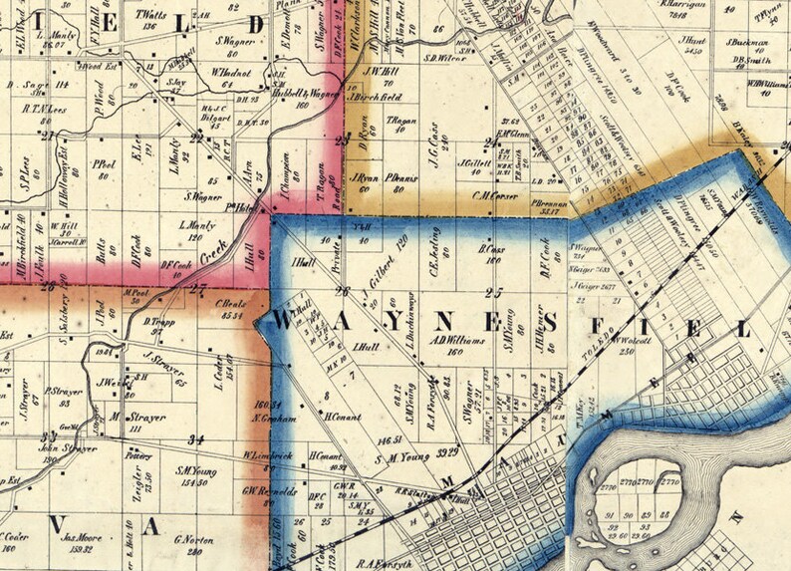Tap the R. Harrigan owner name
pos(683,5)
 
